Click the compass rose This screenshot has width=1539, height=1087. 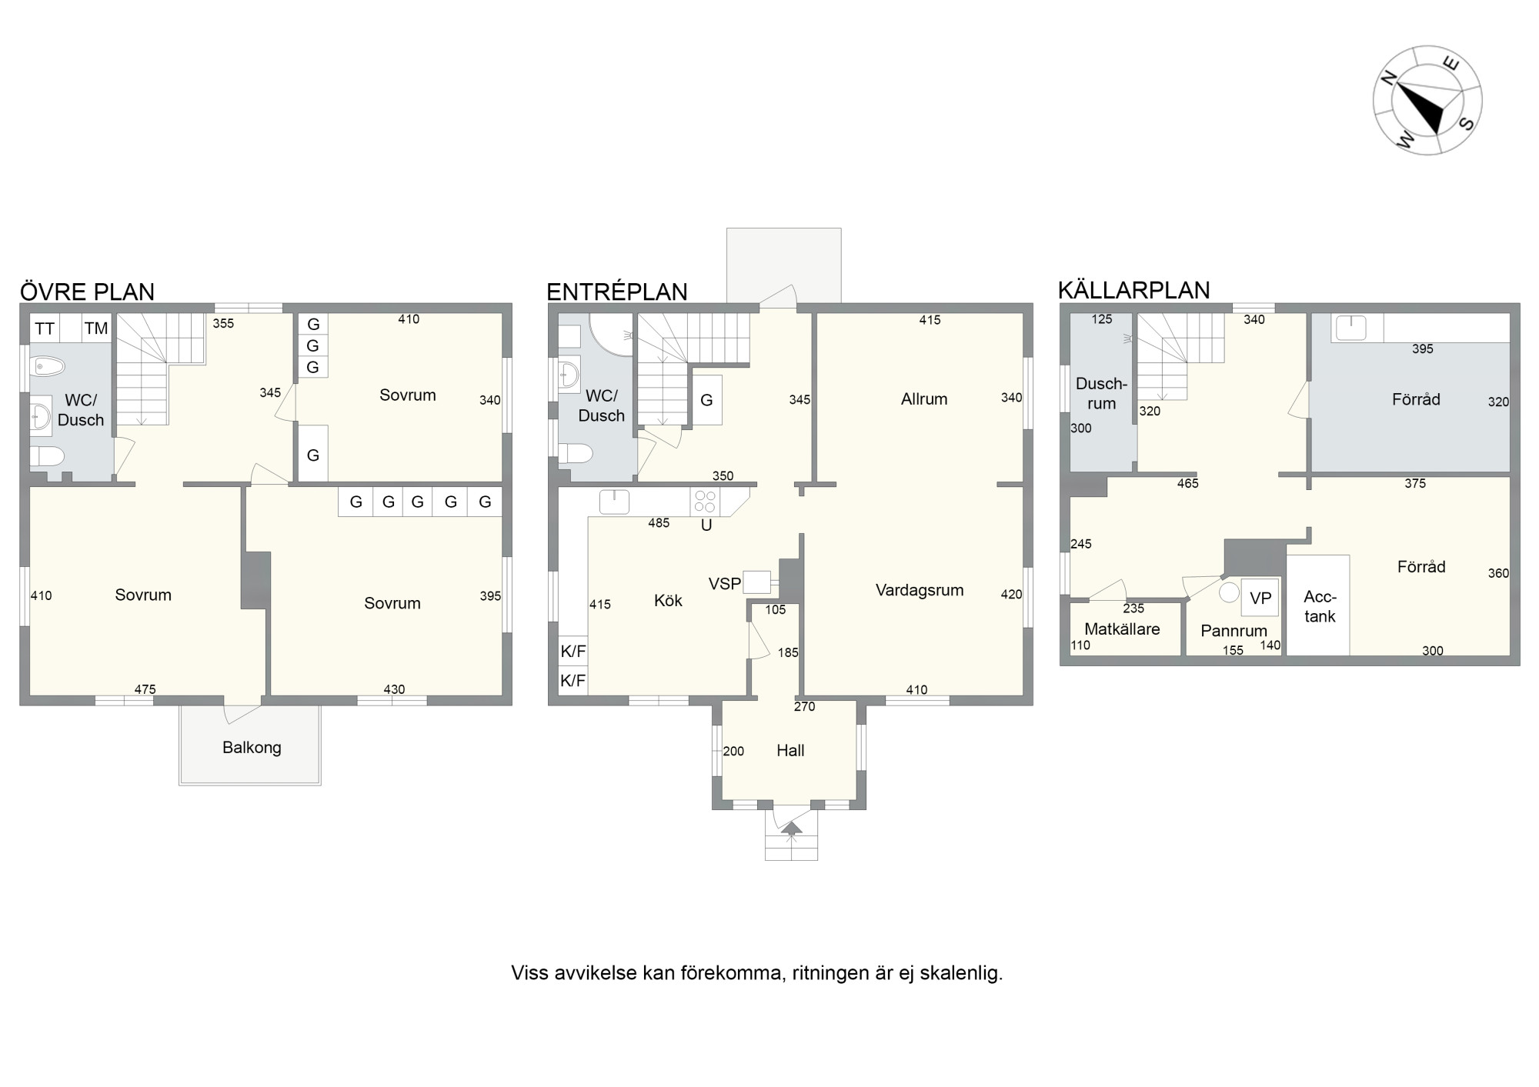tap(1427, 100)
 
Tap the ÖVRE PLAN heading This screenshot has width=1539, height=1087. tap(87, 292)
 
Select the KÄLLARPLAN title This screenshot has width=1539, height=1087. tap(1133, 290)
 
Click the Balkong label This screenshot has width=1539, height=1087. tap(252, 747)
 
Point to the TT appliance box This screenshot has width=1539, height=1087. tap(45, 328)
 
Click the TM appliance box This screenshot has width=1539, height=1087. tap(96, 328)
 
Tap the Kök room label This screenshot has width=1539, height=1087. tap(668, 600)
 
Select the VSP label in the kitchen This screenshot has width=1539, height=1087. tap(725, 584)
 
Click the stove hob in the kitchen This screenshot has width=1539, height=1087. tap(705, 502)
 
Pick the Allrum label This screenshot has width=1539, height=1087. tap(924, 398)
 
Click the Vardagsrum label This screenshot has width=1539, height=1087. tap(920, 590)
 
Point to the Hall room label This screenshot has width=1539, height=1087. tap(790, 750)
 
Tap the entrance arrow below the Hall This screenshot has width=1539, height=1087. tap(791, 829)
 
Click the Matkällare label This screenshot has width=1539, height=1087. tap(1122, 629)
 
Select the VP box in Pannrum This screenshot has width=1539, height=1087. tap(1260, 598)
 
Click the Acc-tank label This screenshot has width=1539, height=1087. tap(1320, 606)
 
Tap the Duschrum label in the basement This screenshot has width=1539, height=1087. tap(1101, 393)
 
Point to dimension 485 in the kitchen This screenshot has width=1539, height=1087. tap(659, 523)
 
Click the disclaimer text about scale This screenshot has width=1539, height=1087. tap(757, 973)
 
